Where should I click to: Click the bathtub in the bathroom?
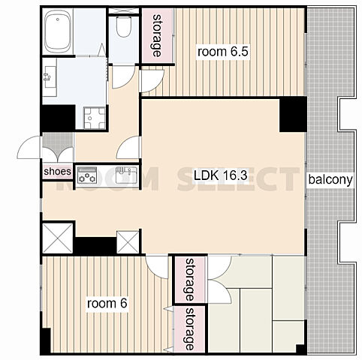pos(58,32)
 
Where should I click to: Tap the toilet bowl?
pos(124,26)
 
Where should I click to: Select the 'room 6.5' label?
pos(223,52)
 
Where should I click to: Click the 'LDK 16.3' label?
pos(221,175)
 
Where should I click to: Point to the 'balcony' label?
pos(330,179)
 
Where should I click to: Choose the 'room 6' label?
pos(107,304)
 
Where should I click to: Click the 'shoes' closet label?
pos(58,172)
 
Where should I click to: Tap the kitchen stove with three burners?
pos(87,175)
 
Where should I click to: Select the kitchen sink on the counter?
pos(126,175)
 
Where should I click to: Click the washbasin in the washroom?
pos(50,77)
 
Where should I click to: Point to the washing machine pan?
pos(95,118)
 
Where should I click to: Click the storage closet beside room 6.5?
pos(157,35)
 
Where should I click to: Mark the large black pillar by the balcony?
pos(293,114)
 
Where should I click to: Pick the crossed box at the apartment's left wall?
pos(58,238)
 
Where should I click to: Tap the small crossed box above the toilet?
pos(124,11)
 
